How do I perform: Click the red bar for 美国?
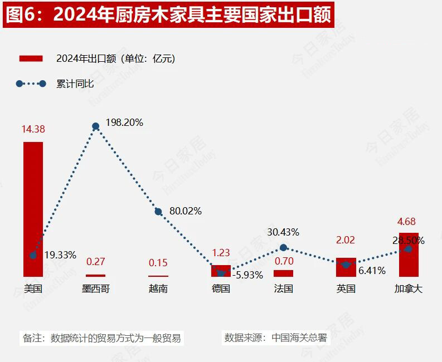[33, 209]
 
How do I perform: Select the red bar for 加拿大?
[409, 255]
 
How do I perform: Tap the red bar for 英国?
[346, 267]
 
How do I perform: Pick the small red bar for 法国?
[283, 273]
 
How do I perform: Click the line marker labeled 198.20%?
[96, 126]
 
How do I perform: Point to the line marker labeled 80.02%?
[158, 212]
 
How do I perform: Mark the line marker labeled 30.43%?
[283, 247]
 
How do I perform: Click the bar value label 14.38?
[33, 129]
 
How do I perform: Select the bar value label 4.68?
[406, 222]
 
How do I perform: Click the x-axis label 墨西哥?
[95, 288]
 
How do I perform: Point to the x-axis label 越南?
[158, 288]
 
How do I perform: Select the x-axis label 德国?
[221, 288]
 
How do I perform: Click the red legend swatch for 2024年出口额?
[31, 58]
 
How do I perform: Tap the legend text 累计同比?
[75, 84]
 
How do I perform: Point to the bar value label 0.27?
[95, 261]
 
